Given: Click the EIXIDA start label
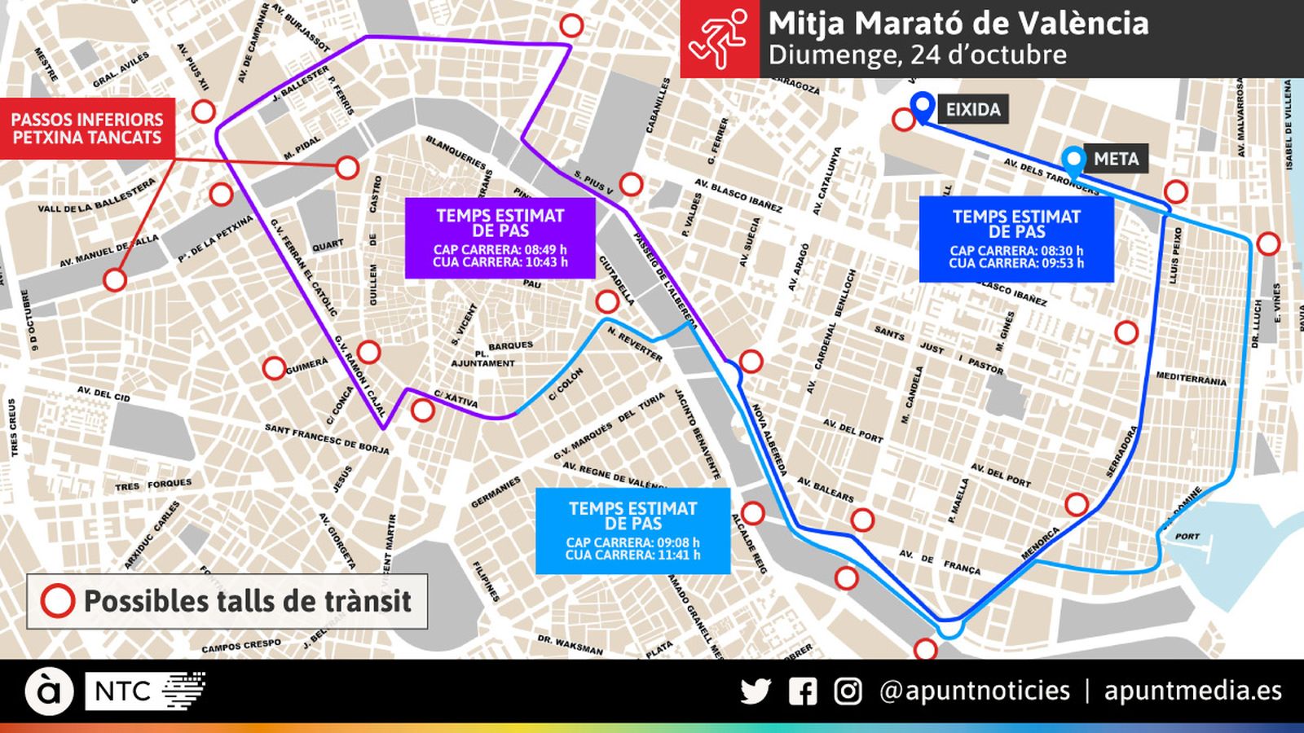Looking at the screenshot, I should pos(972,109).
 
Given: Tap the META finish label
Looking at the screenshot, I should pos(1116,159).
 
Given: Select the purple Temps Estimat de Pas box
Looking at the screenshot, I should pos(500,238).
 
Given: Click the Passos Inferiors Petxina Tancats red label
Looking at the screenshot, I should pos(87,129).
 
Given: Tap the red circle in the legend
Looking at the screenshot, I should pos(58,601).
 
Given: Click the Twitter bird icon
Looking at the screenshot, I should pos(756,691).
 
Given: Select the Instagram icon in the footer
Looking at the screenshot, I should pos(848,691).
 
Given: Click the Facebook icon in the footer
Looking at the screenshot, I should pos(803,691).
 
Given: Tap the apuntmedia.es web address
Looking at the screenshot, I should pos(1192,691).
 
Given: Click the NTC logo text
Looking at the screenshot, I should pos(122,691).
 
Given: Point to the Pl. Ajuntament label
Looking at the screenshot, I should pos(482,358).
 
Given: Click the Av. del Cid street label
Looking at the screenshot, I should pos(104,394).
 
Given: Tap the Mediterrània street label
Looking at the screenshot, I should pos(1191,379).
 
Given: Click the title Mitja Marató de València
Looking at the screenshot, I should pos(958,23).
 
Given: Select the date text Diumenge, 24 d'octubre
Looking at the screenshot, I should pos(917,55).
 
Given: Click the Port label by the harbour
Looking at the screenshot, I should pos(1187,537).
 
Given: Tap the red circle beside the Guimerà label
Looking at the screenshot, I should pos(275,368).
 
